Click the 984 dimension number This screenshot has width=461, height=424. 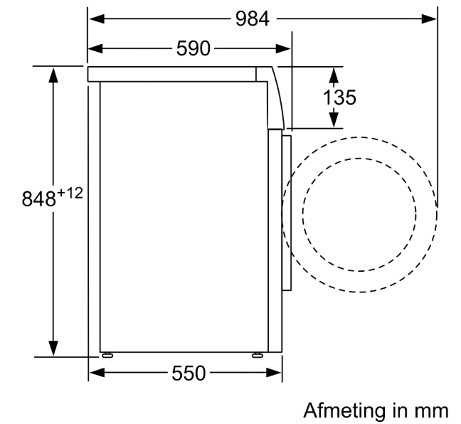pyautogui.click(x=253, y=19)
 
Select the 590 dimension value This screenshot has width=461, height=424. pyautogui.click(x=194, y=48)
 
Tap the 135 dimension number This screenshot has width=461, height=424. pyautogui.click(x=339, y=97)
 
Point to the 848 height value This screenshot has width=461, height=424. pyautogui.click(x=39, y=198)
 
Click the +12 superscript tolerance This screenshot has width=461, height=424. pyautogui.click(x=70, y=194)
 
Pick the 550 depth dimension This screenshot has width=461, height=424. pyautogui.click(x=189, y=373)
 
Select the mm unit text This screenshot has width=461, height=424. pyautogui.click(x=431, y=412)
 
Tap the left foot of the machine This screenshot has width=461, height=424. pyautogui.click(x=107, y=355)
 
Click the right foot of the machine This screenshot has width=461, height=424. pyautogui.click(x=258, y=355)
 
